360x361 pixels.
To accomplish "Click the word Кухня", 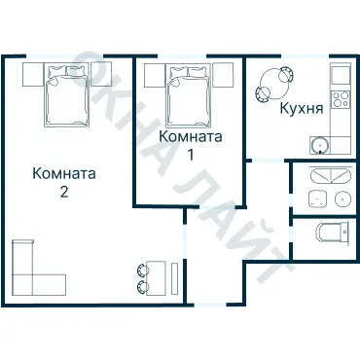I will (301, 110).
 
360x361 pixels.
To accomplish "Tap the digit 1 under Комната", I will (191, 154).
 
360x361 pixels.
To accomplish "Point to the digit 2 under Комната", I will (63, 192).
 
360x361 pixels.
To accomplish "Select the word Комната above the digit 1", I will (191, 136).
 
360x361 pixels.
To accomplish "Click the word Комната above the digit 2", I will (63, 174).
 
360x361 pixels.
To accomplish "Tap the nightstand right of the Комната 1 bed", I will (224, 74).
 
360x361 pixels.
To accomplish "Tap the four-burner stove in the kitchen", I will (339, 98).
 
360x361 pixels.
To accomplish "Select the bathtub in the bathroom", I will (324, 176).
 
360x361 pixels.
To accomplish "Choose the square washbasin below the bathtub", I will (316, 199).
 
